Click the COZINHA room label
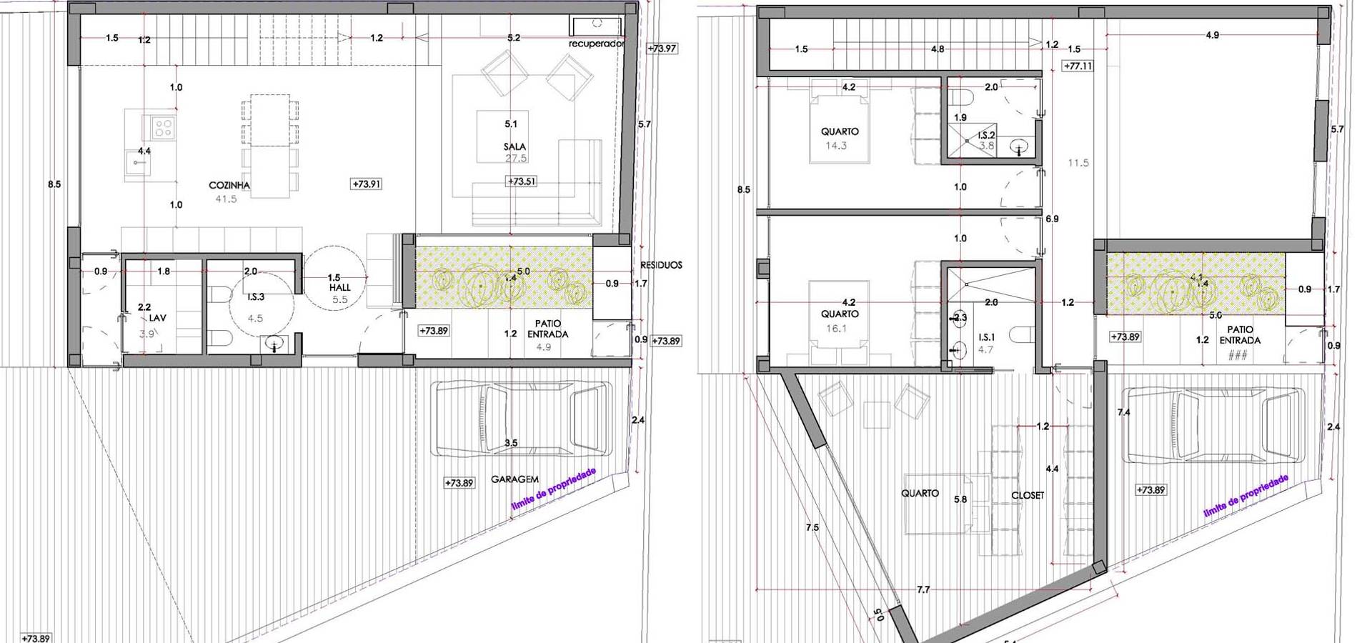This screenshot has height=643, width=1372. point(229,185)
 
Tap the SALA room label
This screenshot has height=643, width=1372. point(514,146)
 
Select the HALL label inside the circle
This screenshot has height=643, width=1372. point(340,287)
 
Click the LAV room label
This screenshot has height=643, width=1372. point(157,318)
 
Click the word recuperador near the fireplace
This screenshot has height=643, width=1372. point(597,44)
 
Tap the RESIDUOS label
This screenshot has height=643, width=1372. point(661,265)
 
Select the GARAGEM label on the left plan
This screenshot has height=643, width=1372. point(514,479)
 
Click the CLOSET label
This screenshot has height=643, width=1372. point(1028,495)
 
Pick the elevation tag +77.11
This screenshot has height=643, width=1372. point(1078,66)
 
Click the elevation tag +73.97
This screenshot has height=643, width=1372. point(662,49)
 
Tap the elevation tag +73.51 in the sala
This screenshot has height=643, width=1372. point(522,181)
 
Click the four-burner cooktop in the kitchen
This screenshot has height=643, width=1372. point(164,128)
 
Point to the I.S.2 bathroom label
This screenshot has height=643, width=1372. point(986,135)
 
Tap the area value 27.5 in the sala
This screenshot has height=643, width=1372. point(516,158)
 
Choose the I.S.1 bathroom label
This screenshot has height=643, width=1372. point(986,337)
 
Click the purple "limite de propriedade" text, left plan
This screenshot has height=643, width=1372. point(554,489)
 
